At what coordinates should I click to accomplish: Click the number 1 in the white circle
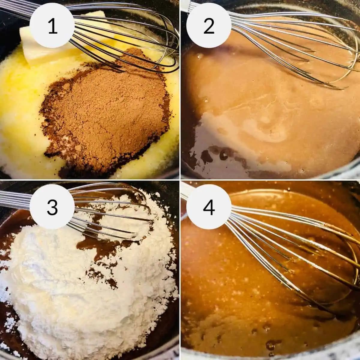tap(53, 27)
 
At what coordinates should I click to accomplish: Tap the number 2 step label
tap(209, 27)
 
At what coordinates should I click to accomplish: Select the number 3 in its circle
tap(52, 207)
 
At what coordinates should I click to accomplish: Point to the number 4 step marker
tap(209, 207)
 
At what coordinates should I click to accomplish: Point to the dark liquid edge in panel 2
tap(215, 157)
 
